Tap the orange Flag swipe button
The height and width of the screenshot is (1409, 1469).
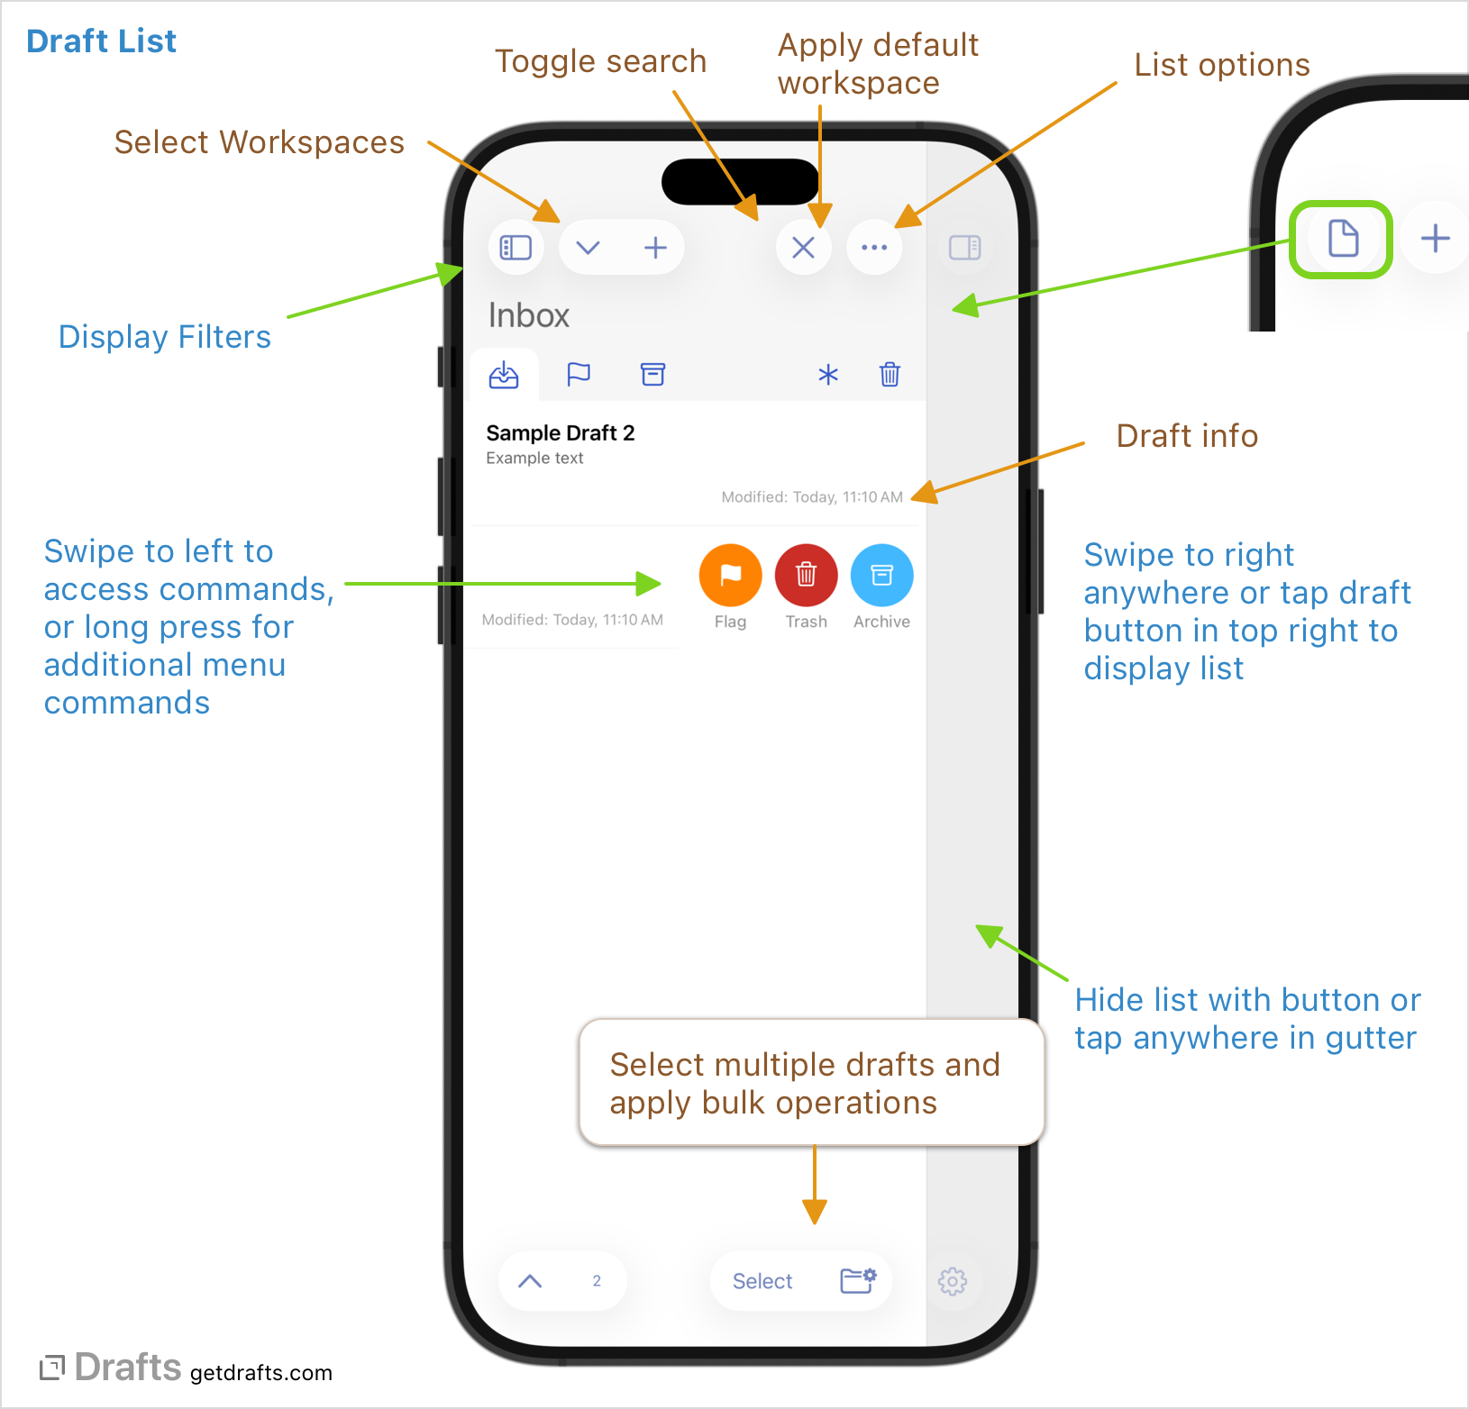(x=730, y=575)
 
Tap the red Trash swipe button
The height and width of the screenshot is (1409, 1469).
(x=806, y=575)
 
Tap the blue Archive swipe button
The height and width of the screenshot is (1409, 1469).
(x=881, y=575)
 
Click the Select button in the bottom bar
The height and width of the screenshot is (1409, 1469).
(x=762, y=1281)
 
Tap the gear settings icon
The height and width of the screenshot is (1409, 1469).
(x=953, y=1281)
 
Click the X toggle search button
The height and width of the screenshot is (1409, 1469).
(x=803, y=247)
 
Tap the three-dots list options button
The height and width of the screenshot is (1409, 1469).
(x=874, y=247)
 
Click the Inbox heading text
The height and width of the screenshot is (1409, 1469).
(x=529, y=315)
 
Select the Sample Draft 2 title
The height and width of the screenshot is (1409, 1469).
(x=561, y=433)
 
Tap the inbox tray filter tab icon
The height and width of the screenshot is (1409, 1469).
(x=504, y=374)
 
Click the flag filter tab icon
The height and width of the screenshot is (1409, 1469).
(x=579, y=374)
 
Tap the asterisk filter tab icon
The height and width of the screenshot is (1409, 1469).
(x=828, y=375)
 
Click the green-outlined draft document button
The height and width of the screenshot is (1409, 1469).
(x=1342, y=240)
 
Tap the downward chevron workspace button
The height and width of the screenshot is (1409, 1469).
(x=588, y=247)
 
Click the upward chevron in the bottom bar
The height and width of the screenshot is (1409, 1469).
(x=530, y=1281)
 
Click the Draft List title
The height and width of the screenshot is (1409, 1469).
(x=102, y=41)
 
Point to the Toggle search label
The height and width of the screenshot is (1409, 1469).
(x=600, y=61)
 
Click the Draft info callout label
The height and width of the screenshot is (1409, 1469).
(x=1187, y=436)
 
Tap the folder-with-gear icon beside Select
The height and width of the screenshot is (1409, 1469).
(x=858, y=1280)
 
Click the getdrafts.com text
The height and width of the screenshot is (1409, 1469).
(x=261, y=1373)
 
